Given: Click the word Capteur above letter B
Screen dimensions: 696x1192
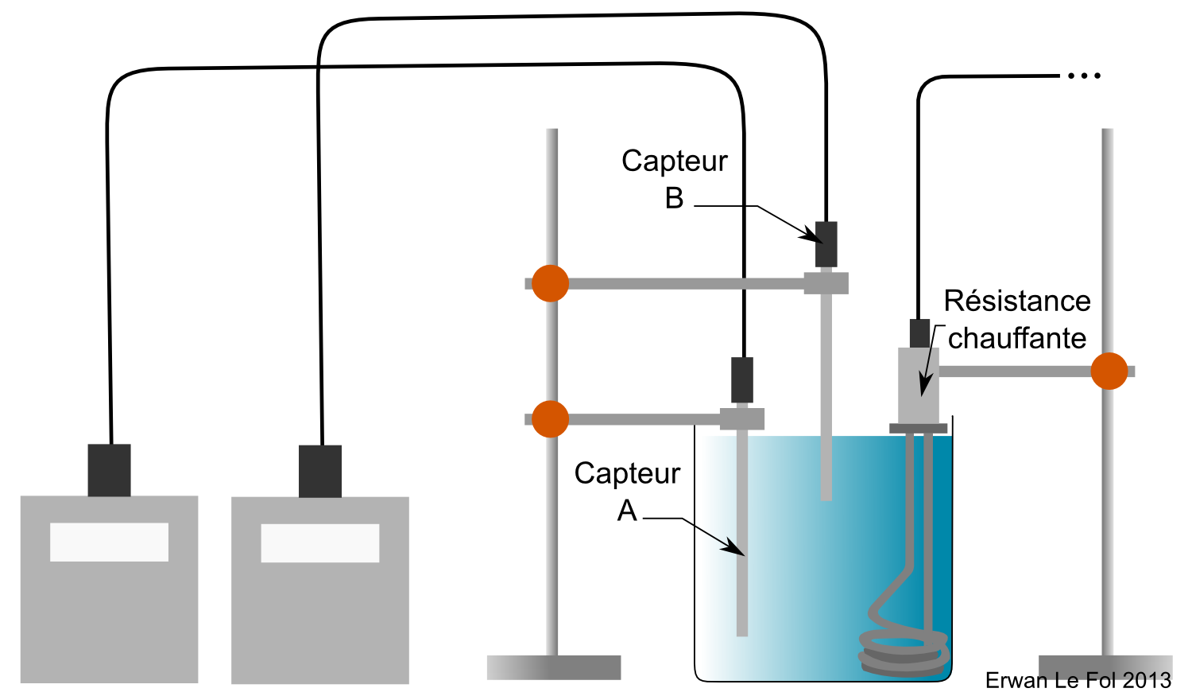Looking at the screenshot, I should coord(674,161).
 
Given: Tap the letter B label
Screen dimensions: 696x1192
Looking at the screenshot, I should coord(674,198).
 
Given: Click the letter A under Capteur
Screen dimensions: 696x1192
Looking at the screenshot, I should coord(627,511).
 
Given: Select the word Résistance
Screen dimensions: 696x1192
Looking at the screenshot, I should coord(1017,301).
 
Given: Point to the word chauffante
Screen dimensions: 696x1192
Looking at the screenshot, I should coord(1017,339).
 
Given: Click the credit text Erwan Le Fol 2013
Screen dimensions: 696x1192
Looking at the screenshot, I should coord(1078,681).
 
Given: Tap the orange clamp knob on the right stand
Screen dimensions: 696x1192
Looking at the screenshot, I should coord(1109,371).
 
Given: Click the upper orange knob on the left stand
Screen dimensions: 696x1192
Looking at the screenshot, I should coord(550,283).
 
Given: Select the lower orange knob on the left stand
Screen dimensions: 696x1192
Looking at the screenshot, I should coord(550,419).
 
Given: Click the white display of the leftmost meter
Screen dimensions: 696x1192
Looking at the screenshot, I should coord(109,542).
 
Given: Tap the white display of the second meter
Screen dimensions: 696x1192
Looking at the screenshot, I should coord(319,543).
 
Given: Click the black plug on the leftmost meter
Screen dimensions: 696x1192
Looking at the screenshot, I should coord(109,470).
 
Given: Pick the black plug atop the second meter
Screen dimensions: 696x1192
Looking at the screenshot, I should coord(320,471).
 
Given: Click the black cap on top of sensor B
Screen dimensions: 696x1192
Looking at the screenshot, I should coord(826,244).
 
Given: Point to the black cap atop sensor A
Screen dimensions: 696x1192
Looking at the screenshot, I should coord(742,380).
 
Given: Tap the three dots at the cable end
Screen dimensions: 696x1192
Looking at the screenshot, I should coord(1084,76).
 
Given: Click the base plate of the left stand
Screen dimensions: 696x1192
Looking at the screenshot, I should coord(553,667).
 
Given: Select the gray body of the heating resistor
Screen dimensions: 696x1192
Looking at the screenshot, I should coord(919,385).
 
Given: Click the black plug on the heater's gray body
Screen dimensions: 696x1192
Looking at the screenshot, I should coord(919,333).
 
